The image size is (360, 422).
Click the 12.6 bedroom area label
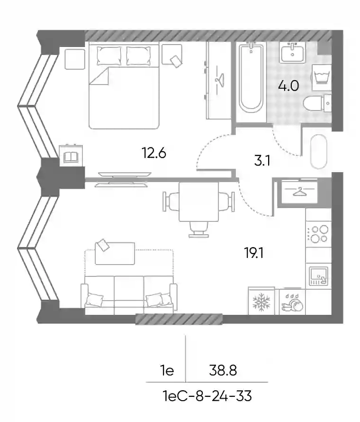154,153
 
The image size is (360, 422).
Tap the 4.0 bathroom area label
288,86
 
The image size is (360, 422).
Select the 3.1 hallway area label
262,161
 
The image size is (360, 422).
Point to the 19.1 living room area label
254,253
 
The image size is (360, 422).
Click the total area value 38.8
223,371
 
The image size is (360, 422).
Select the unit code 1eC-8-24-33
207,396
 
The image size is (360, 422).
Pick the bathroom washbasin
292,53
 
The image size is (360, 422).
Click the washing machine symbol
321,77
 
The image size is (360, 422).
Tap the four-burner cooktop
319,234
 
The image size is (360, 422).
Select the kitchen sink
319,276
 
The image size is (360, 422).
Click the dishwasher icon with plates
292,302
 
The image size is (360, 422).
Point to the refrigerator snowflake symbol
261,302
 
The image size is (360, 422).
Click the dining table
198,202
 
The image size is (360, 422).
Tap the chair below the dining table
198,229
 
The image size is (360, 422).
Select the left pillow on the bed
108,55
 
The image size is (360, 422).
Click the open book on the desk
71,157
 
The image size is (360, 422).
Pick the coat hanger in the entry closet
299,192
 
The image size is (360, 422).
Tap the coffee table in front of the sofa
115,253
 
